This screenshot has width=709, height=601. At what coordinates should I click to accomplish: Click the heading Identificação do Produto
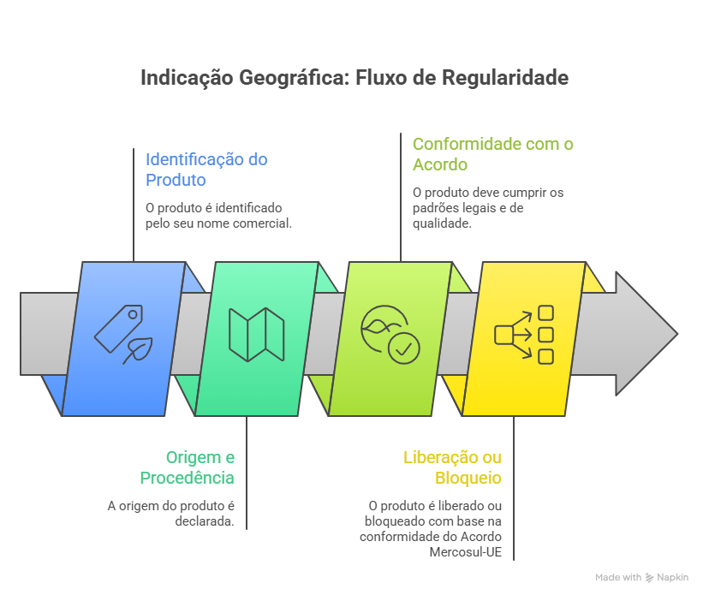coord(206,169)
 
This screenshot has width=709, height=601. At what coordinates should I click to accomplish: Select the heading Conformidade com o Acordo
coord(492,153)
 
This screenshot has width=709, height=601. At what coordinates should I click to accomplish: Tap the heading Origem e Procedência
coord(188,467)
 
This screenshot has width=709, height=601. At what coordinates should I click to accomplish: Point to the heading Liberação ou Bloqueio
coord(452,467)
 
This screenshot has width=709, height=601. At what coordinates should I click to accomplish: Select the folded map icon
coord(256,334)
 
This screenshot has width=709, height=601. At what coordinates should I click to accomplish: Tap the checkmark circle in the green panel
coord(403,348)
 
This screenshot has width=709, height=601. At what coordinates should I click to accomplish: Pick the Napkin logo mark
coord(650,578)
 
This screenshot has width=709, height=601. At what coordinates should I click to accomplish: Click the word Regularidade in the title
coord(506,78)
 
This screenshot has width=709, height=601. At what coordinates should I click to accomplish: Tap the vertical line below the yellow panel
coord(514,488)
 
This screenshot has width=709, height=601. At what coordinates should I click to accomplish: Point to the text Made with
coord(618,578)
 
